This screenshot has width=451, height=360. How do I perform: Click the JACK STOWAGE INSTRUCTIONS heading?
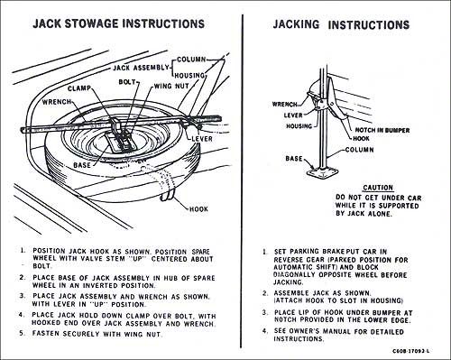point(119,23)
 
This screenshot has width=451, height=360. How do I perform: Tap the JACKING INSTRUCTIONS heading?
point(341,24)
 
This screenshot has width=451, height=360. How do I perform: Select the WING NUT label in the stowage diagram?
point(171,86)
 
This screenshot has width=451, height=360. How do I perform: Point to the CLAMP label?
point(79,88)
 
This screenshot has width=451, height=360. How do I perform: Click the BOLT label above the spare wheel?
point(127,82)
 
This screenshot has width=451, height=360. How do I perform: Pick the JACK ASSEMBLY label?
point(141,68)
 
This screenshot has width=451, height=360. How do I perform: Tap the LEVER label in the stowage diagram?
point(202,139)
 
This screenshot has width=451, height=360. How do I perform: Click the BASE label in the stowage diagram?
point(82,165)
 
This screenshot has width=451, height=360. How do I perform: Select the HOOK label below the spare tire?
point(198,209)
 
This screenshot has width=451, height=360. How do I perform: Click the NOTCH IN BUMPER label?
point(382,130)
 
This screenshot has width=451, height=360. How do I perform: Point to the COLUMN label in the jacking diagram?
point(359,150)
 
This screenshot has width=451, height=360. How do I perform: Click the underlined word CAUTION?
point(378,188)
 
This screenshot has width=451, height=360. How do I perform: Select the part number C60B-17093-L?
point(411,351)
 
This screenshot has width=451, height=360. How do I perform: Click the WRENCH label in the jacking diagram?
point(284,105)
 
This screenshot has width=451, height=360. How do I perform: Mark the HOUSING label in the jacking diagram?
point(299,126)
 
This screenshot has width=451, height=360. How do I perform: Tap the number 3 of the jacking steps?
point(264,313)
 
